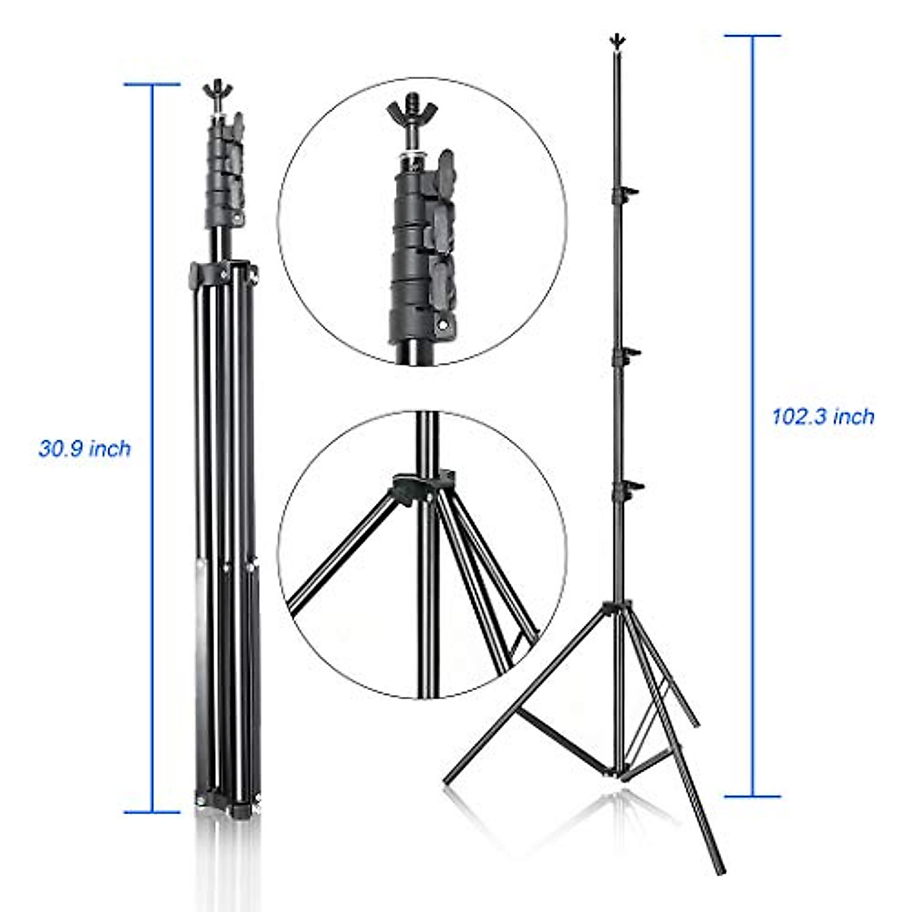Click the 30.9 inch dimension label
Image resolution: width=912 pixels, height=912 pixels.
pos(84,448)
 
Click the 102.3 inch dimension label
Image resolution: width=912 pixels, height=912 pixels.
pos(823,416)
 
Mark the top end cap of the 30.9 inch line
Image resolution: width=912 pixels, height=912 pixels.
pos(152,84)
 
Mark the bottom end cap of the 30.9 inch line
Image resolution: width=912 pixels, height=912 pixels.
pos(152,812)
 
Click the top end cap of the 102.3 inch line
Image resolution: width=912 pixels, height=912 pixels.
pos(752,36)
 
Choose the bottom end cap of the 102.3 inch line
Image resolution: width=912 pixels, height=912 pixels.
pos(752,796)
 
